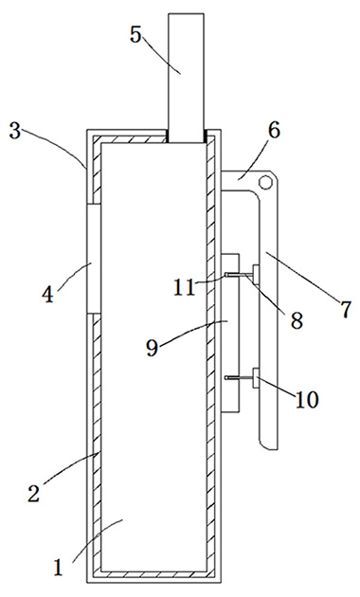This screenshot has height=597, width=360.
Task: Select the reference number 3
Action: [x=15, y=129]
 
